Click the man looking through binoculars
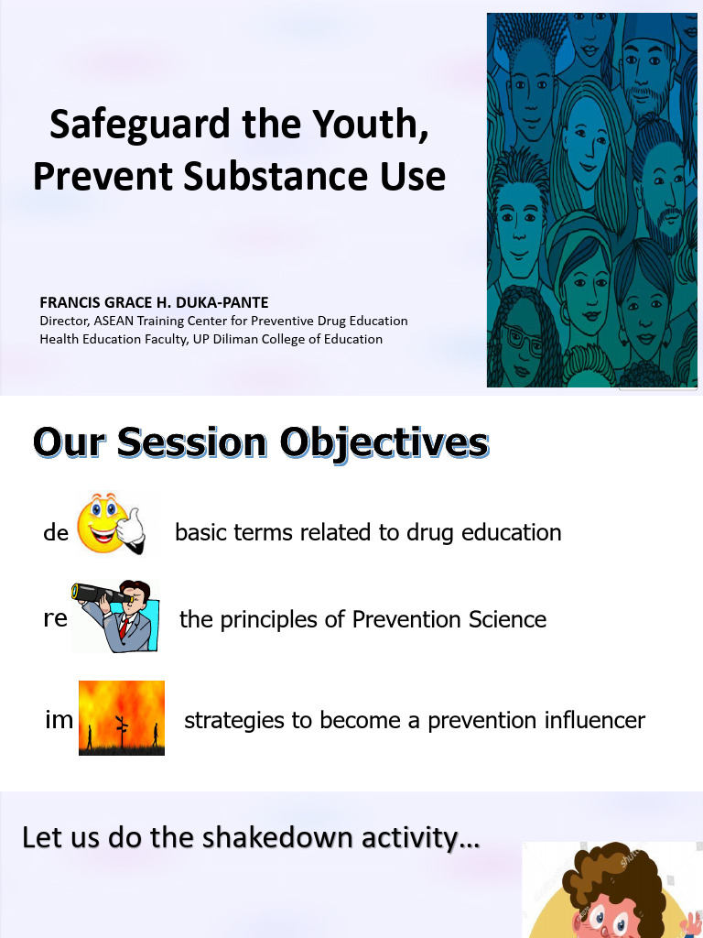(x=116, y=616)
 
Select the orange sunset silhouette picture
(x=122, y=717)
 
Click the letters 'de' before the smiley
(x=56, y=532)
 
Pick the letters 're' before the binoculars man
(x=55, y=618)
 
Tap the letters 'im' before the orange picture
(x=59, y=720)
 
